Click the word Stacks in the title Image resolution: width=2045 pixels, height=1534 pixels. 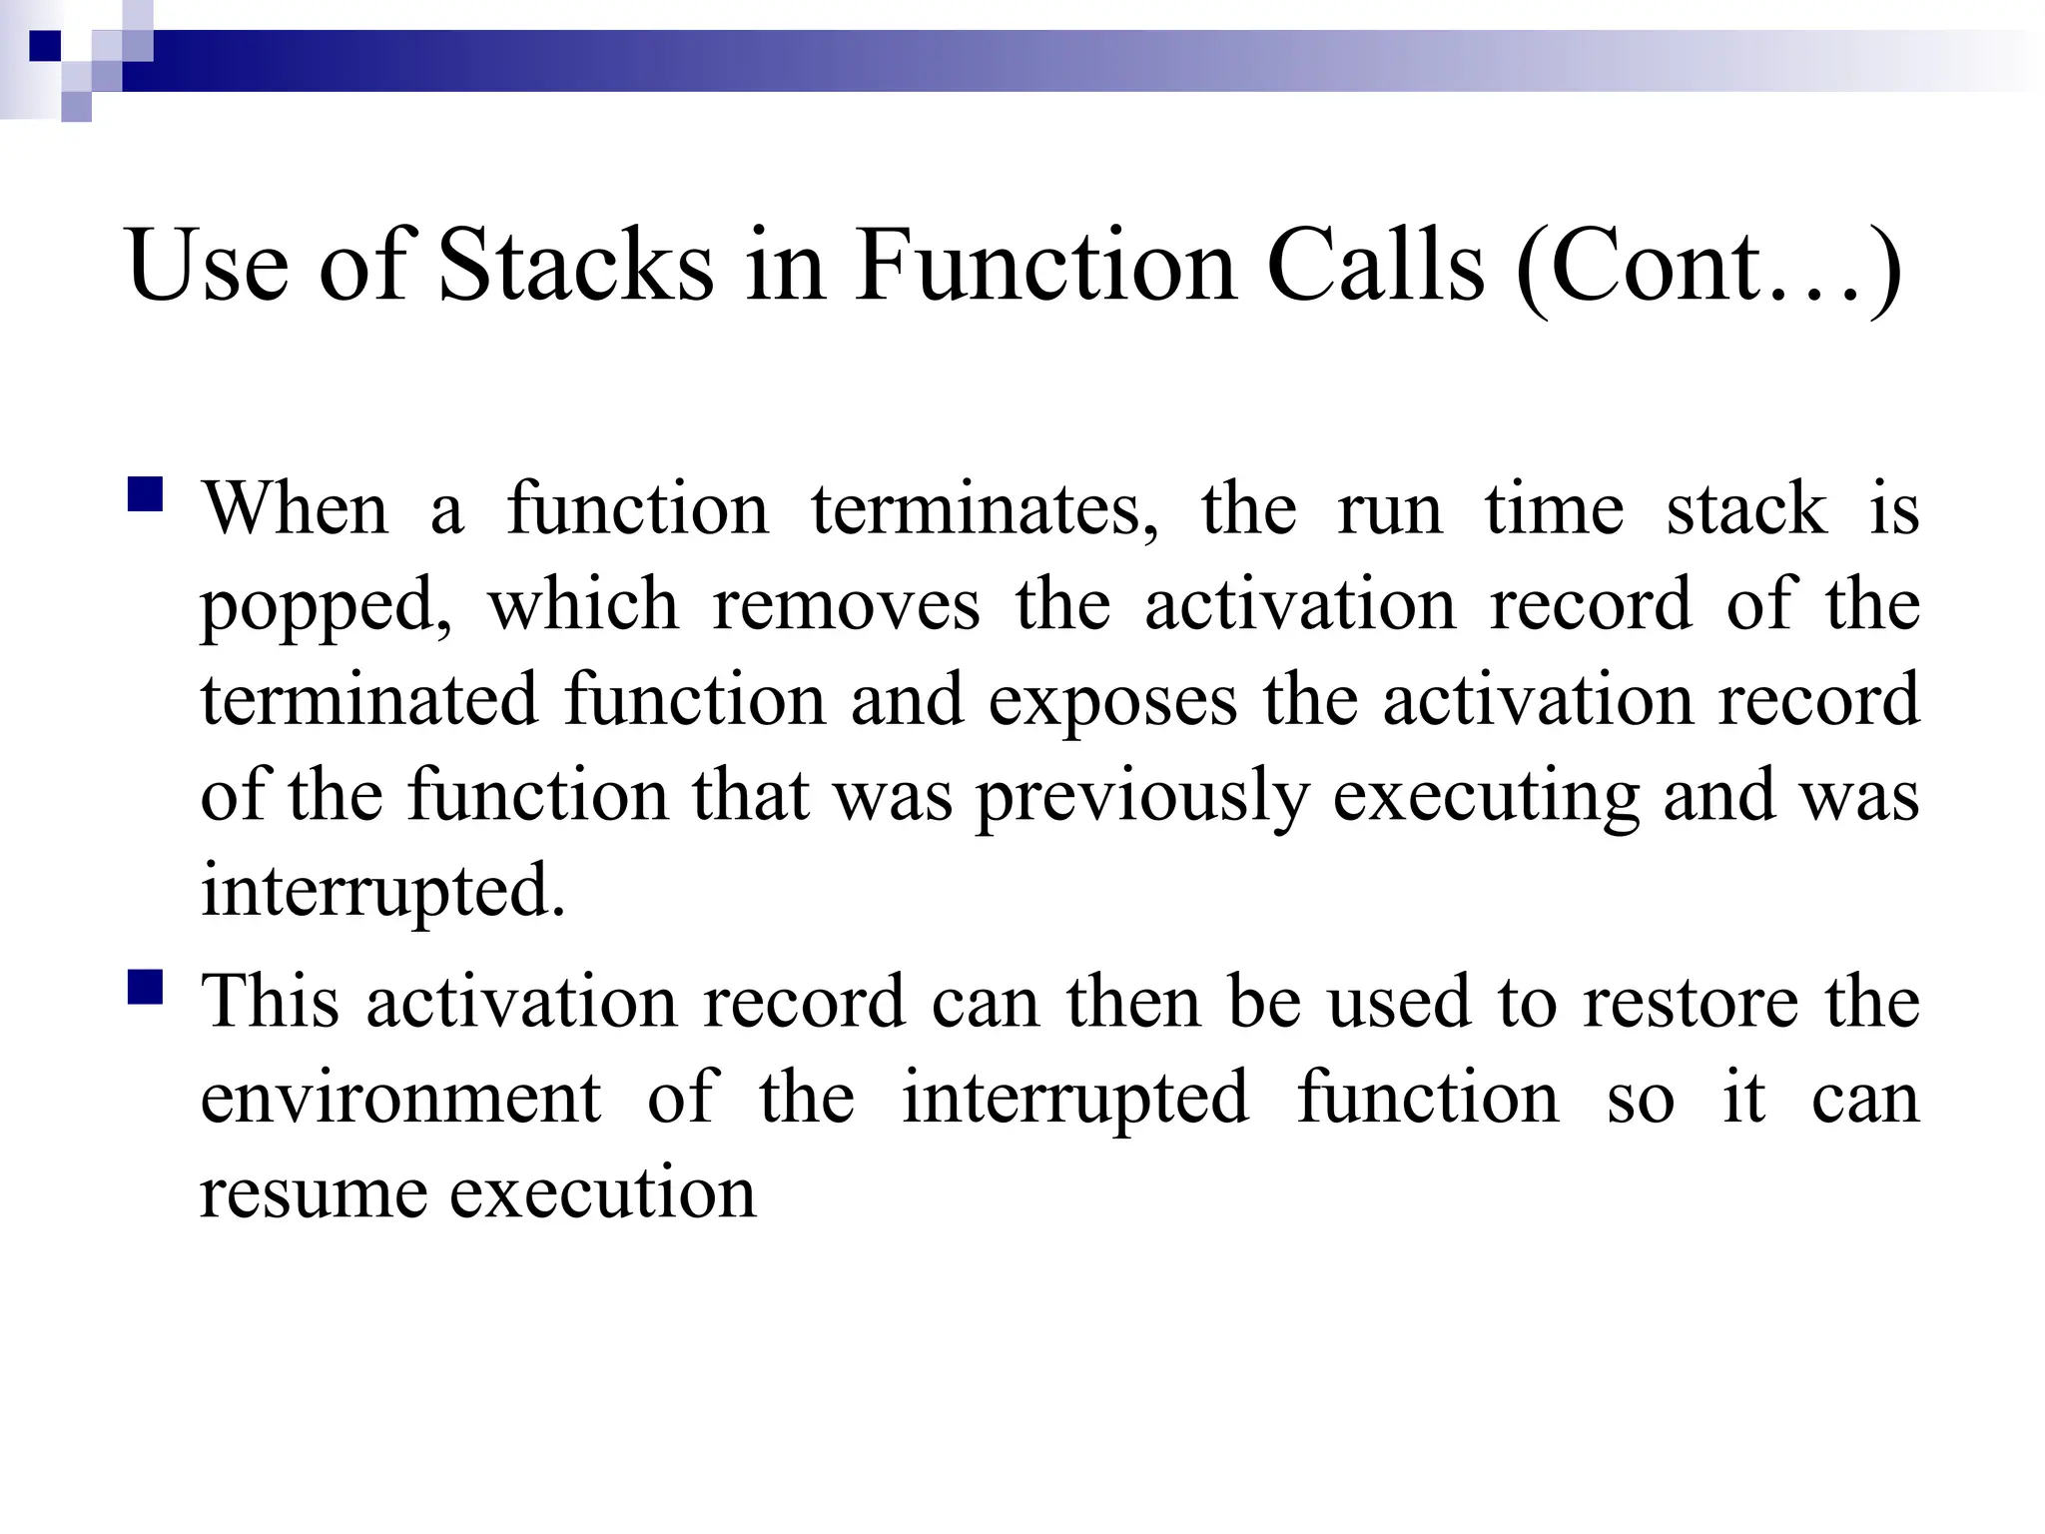pos(576,266)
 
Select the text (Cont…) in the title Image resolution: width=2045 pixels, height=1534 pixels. pos(1708,268)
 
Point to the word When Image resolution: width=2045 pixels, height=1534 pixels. pos(296,508)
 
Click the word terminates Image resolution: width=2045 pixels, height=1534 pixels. pos(985,510)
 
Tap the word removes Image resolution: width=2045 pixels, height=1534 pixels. pos(846,605)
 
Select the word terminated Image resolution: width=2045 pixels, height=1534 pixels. pos(368,700)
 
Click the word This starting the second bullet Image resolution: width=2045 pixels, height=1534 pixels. pos(270,1001)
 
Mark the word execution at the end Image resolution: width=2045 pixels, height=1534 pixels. pos(603,1192)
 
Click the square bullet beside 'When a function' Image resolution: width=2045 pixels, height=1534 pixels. pos(146,495)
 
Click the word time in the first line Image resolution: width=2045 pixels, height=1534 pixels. pos(1554,508)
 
